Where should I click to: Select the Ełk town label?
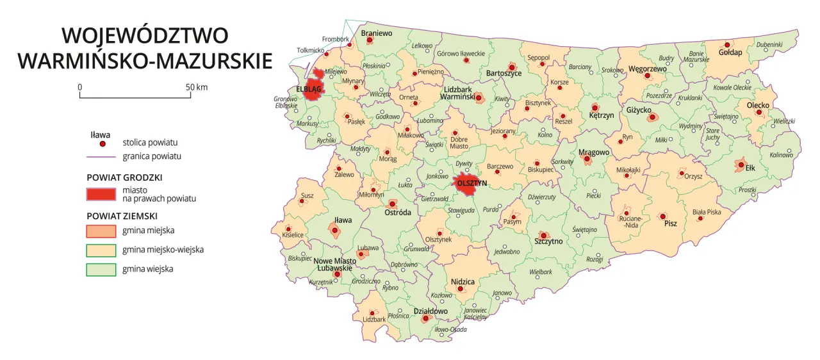coord(751,168)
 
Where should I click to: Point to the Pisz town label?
coord(671,224)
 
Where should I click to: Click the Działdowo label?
coord(430,311)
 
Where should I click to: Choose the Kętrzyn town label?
coord(602,116)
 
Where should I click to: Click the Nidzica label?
coord(463,281)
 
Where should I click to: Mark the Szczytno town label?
coord(548,241)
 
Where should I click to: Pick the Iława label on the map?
coord(343,220)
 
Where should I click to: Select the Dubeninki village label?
coord(769,44)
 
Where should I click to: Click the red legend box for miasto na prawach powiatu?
coord(100,194)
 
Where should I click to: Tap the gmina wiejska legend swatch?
coord(100,270)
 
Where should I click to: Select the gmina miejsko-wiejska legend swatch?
coord(100,250)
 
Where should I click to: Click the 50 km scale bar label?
coord(197,87)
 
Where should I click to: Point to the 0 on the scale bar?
coord(79,87)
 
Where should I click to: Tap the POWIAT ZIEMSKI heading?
coord(122,216)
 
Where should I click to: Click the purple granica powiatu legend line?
coord(100,156)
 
